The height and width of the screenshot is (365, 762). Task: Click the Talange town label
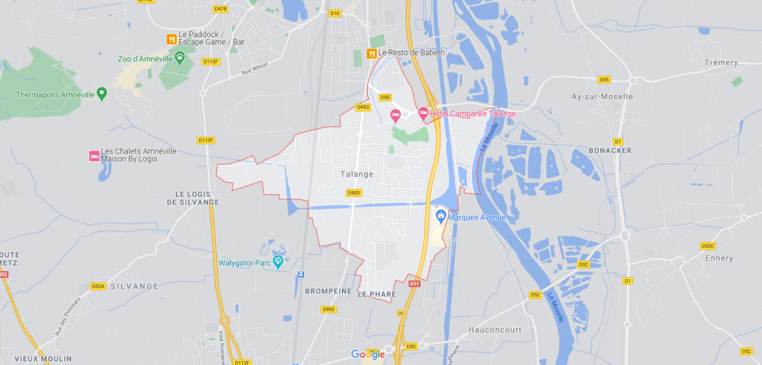pyautogui.click(x=357, y=174)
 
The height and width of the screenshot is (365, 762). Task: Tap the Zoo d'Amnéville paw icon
pyautogui.click(x=179, y=58)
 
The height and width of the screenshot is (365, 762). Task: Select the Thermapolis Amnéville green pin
pyautogui.click(x=102, y=94)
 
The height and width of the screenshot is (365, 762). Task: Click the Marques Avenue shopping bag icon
pyautogui.click(x=440, y=215)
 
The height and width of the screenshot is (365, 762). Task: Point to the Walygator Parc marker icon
pyautogui.click(x=278, y=262)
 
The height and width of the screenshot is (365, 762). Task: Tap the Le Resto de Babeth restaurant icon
pyautogui.click(x=371, y=53)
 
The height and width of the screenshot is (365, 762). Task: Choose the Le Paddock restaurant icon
pyautogui.click(x=171, y=39)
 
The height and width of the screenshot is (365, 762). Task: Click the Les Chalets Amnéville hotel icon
pyautogui.click(x=94, y=156)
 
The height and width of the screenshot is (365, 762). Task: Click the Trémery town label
pyautogui.click(x=721, y=63)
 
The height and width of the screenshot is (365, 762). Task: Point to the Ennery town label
pyautogui.click(x=719, y=258)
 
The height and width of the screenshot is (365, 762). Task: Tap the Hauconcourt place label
pyautogui.click(x=495, y=330)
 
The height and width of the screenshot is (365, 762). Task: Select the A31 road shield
pyautogui.click(x=414, y=284)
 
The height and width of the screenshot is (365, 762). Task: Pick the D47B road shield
pyautogui.click(x=220, y=9)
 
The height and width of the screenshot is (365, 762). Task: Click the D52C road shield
pyautogui.click(x=707, y=246)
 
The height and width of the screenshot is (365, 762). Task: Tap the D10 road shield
pyautogui.click(x=335, y=13)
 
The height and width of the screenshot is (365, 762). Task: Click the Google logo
pyautogui.click(x=368, y=355)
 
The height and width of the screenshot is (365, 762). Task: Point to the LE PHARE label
pyautogui.click(x=376, y=295)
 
